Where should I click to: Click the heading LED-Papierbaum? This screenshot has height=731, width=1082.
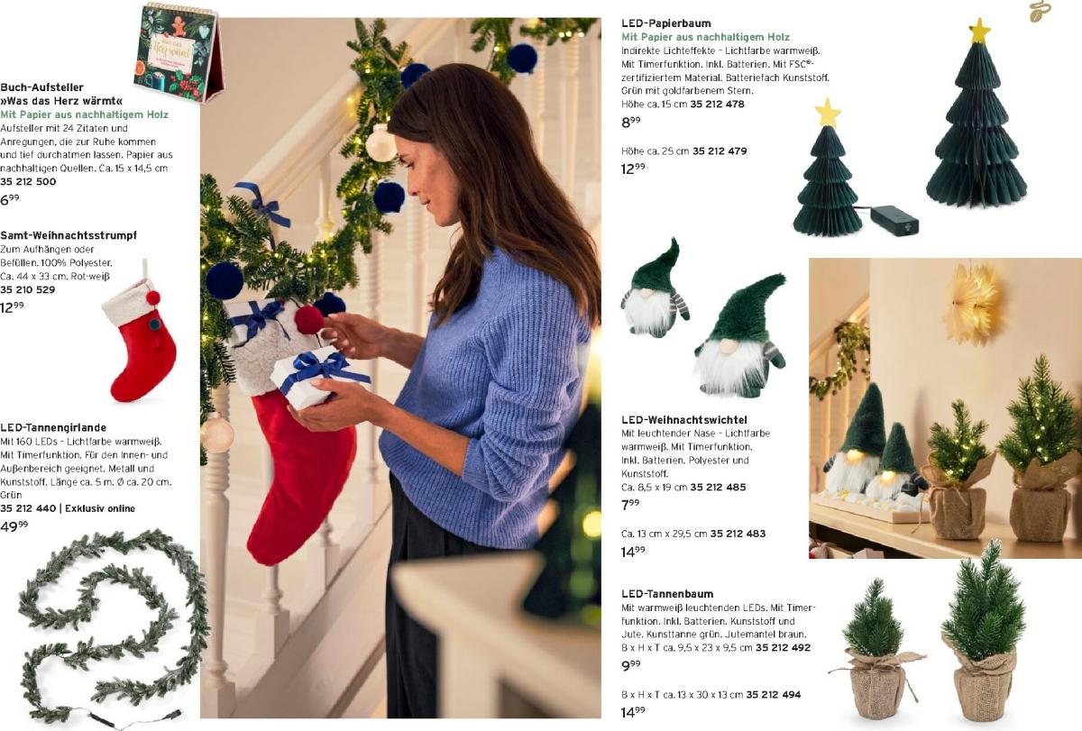[x=666, y=23]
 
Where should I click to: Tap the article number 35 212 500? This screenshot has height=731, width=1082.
[x=28, y=181]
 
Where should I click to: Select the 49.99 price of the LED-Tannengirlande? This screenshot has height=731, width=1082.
[x=14, y=525]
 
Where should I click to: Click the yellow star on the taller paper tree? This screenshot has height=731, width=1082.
[x=979, y=31]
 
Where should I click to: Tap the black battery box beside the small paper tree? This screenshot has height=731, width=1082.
[x=894, y=221]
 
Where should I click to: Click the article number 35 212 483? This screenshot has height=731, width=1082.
[x=738, y=534]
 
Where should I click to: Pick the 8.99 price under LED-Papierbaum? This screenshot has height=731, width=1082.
[x=631, y=122]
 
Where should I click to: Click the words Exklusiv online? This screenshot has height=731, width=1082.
[x=100, y=508]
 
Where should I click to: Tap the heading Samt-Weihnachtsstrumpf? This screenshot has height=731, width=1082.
[x=69, y=235]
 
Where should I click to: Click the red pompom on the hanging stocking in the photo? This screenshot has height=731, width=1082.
[x=309, y=320]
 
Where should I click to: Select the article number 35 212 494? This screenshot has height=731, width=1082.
[x=774, y=695]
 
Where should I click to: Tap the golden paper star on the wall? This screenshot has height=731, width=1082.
[x=972, y=303]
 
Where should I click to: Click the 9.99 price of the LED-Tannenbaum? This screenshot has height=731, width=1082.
[x=631, y=665]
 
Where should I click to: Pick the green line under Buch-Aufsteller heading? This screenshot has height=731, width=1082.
[x=84, y=114]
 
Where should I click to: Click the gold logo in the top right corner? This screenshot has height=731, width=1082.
[x=1041, y=11]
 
